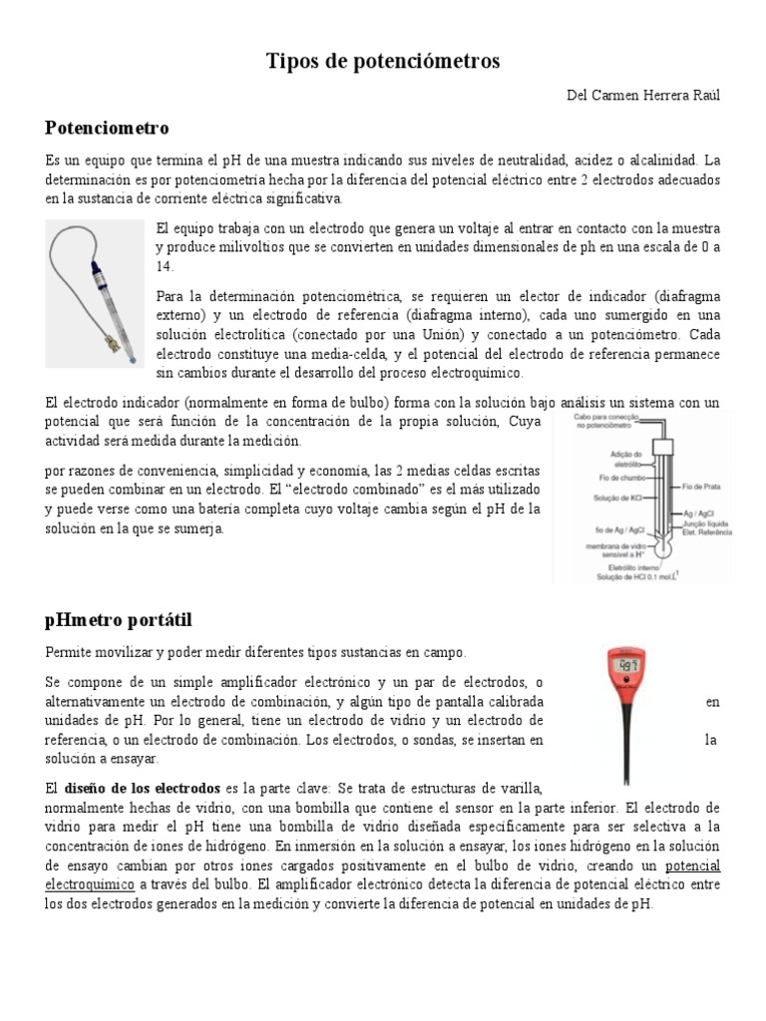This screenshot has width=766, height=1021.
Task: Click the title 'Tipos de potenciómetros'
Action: click(383, 62)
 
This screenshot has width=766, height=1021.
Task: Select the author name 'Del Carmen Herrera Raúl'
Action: click(641, 95)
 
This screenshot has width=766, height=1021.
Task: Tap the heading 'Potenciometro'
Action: click(108, 128)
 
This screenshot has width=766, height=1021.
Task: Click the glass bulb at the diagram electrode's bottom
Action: click(662, 545)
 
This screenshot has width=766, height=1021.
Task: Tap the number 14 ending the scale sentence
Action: click(164, 267)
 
